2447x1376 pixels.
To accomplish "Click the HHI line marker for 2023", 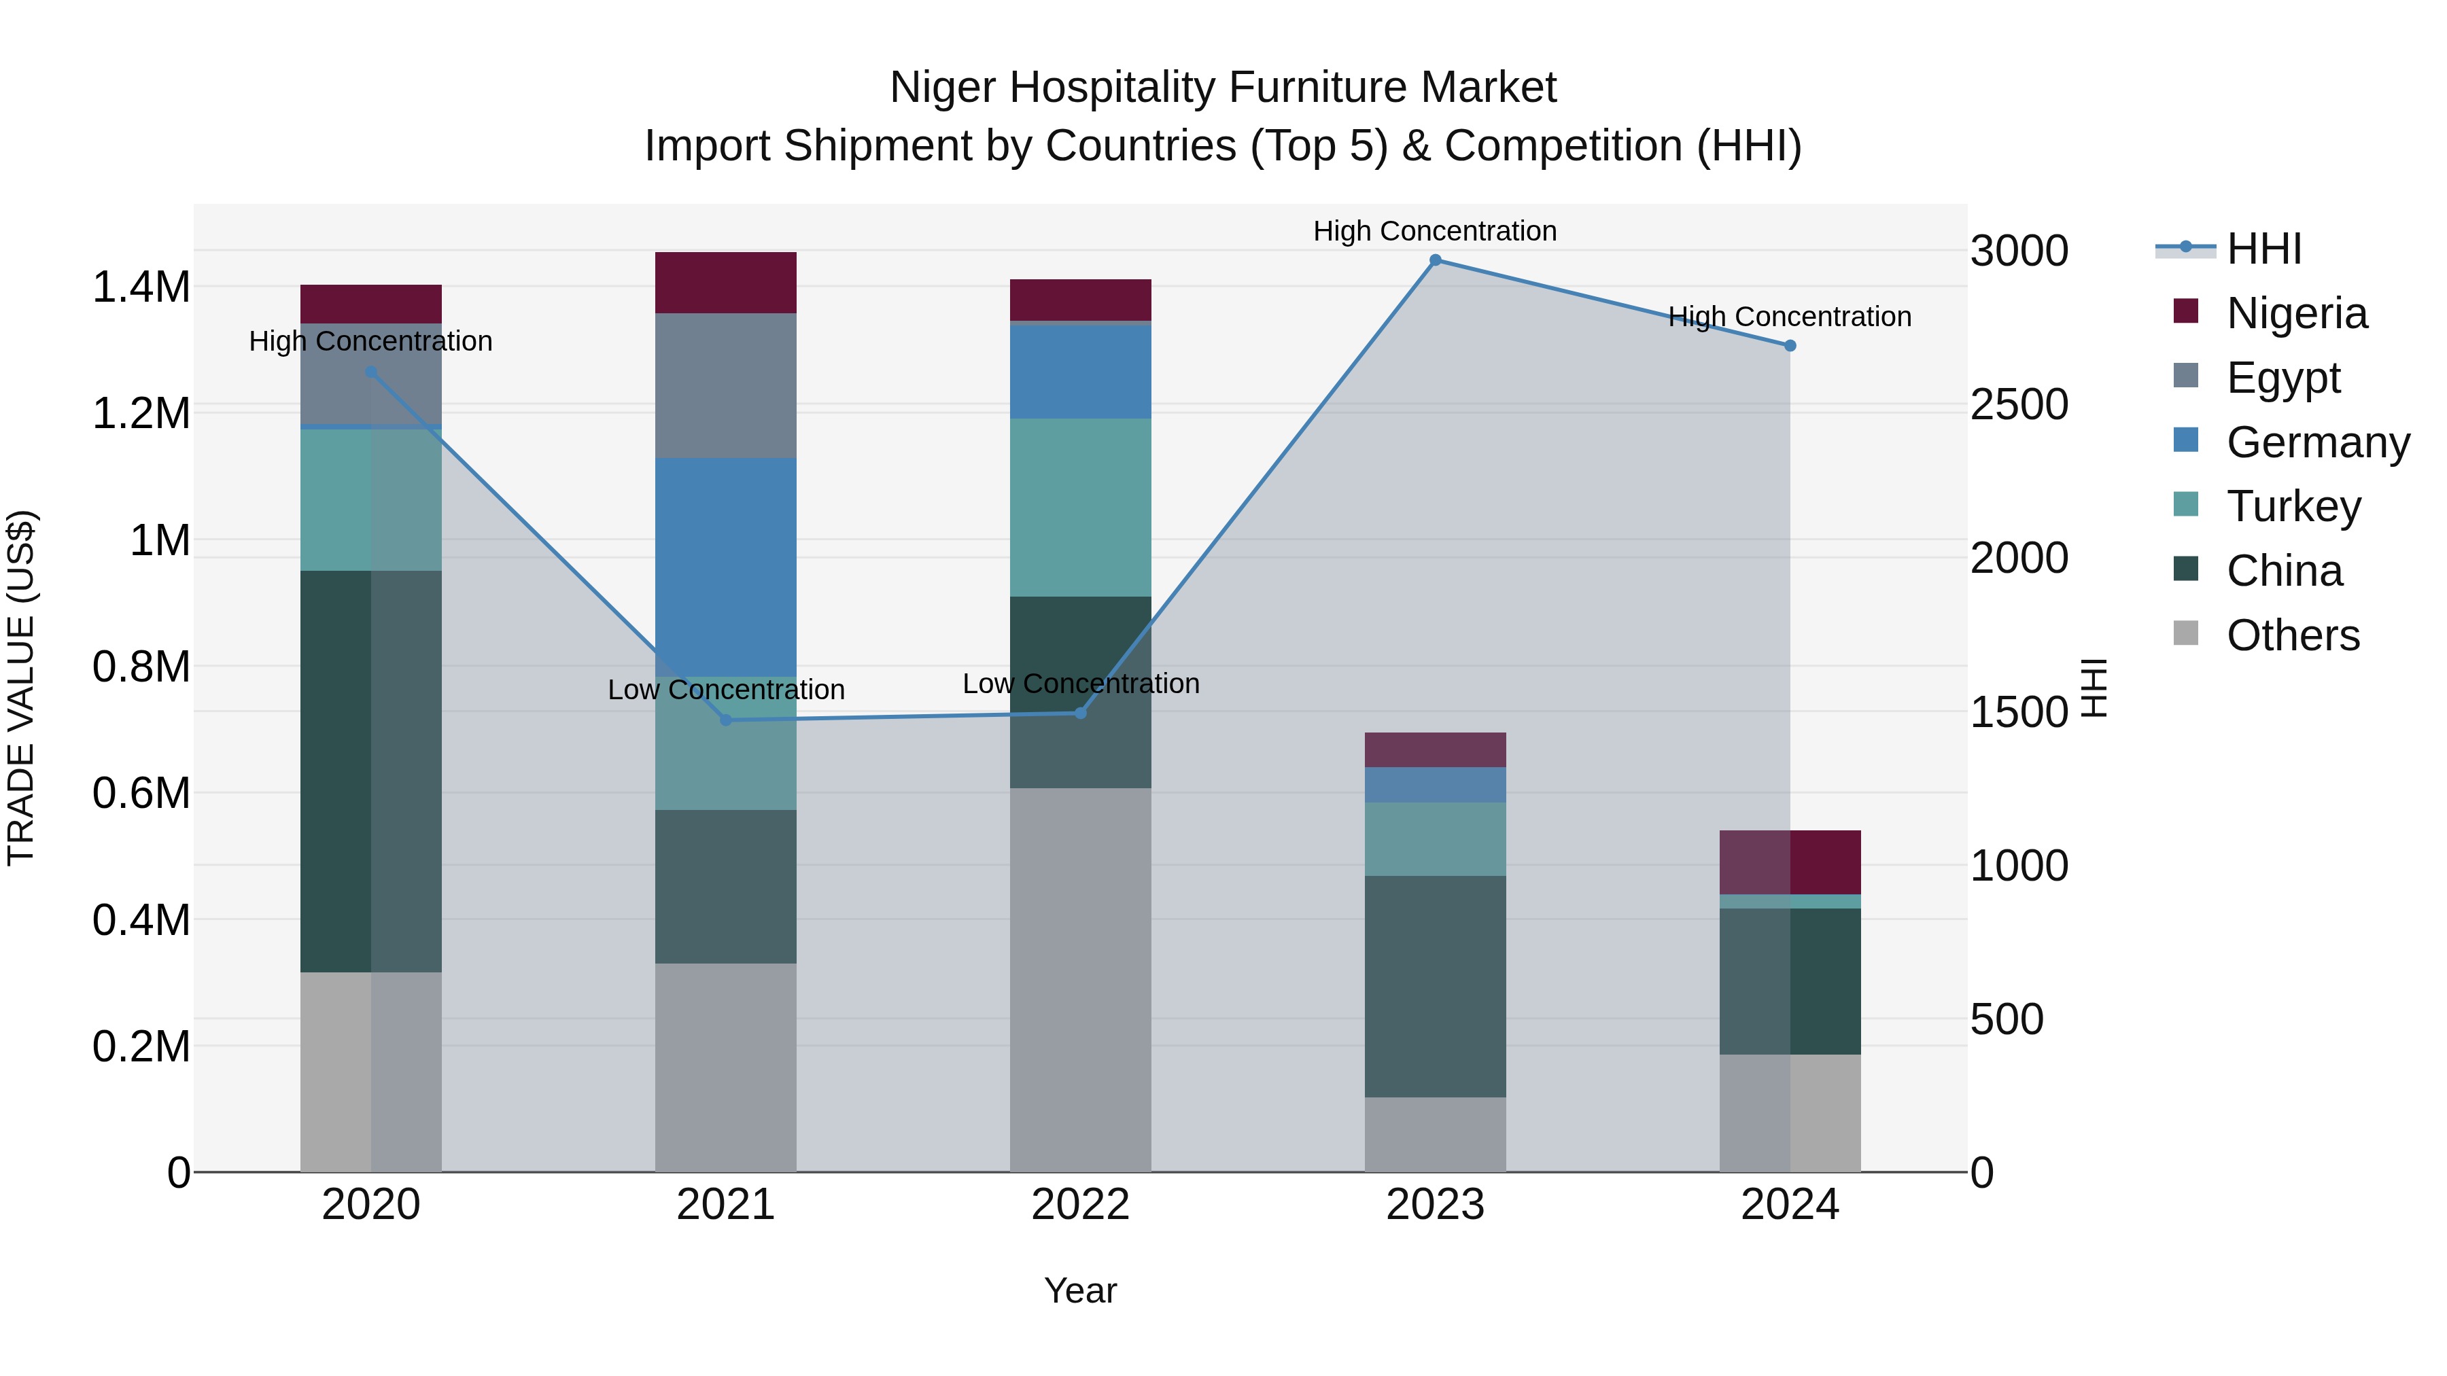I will pyautogui.click(x=1436, y=260).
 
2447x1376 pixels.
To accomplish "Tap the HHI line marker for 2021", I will pyautogui.click(x=726, y=720).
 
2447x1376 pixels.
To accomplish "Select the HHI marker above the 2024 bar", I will pyautogui.click(x=1790, y=346).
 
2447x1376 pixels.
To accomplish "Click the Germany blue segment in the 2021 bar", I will pyautogui.click(x=726, y=566).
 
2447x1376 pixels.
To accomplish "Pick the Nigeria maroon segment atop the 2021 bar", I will pyautogui.click(x=726, y=282).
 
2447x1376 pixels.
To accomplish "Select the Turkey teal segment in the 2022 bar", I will pyautogui.click(x=1080, y=507).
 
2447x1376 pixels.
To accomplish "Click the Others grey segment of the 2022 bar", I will pyautogui.click(x=1080, y=978).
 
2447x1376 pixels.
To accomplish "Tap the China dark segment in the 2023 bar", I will pyautogui.click(x=1436, y=986).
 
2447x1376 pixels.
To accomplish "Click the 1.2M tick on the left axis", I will pyautogui.click(x=141, y=414).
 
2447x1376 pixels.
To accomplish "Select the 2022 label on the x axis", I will pyautogui.click(x=1080, y=1205).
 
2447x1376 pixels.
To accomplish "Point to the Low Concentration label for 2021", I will pyautogui.click(x=726, y=690).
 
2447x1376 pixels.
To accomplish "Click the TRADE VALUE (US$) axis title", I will pyautogui.click(x=21, y=688).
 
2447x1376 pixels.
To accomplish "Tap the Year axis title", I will pyautogui.click(x=1080, y=1290).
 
